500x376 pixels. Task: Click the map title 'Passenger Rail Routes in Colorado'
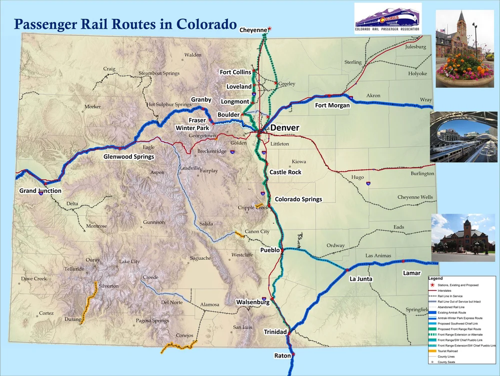click(125, 24)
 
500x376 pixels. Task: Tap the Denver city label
click(284, 128)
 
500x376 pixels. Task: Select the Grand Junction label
click(40, 191)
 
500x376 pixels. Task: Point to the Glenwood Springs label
click(128, 157)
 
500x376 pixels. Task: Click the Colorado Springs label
click(298, 199)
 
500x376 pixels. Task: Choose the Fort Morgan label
click(332, 106)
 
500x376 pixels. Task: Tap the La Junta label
click(361, 279)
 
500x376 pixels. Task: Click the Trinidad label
click(275, 332)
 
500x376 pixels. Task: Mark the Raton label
click(282, 355)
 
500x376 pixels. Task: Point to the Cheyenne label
click(253, 30)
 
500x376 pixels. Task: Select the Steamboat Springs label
click(158, 73)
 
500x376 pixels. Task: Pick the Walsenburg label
click(252, 302)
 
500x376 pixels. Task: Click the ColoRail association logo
click(388, 19)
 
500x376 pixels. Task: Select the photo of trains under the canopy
click(463, 137)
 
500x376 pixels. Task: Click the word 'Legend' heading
click(435, 278)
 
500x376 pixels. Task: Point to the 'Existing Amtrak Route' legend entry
click(453, 312)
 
